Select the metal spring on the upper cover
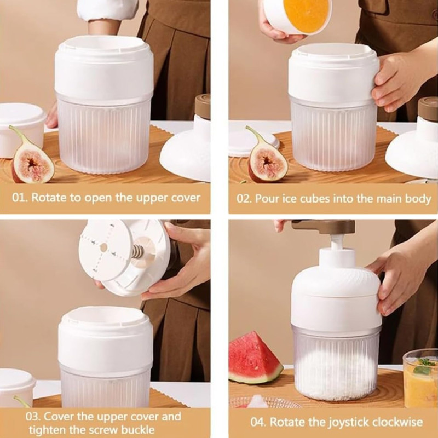[x=137, y=252]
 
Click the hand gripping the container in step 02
[x=397, y=82]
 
